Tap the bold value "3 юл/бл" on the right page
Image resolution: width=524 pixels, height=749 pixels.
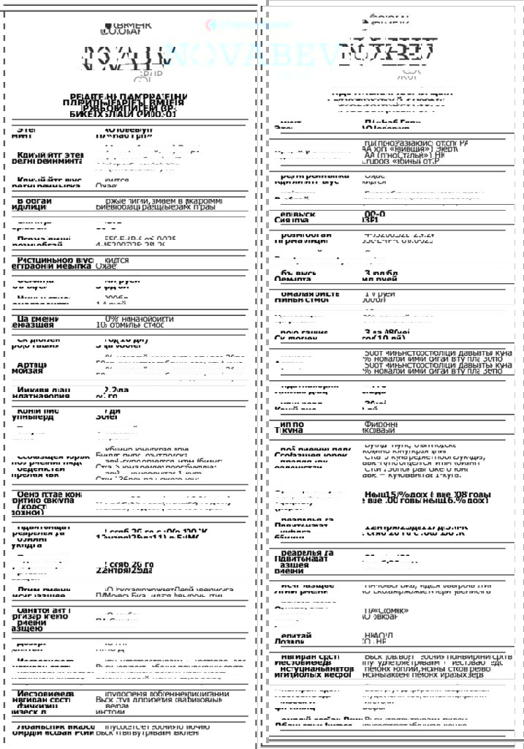coord(379,274)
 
